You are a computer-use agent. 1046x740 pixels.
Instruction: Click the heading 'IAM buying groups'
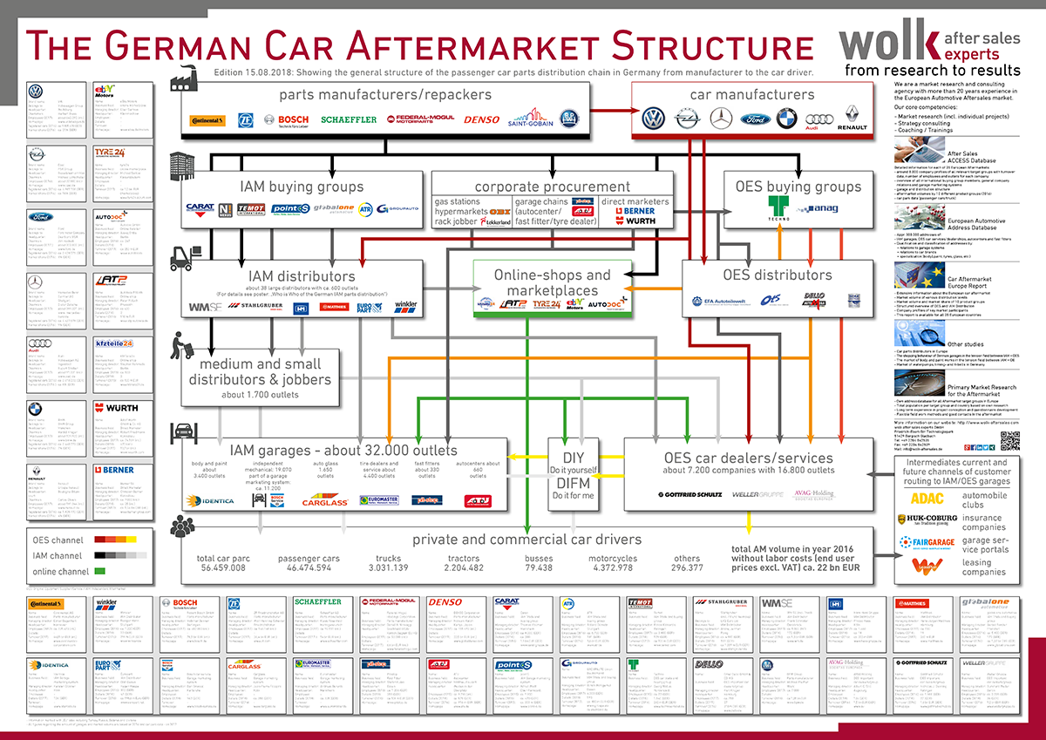pos(302,186)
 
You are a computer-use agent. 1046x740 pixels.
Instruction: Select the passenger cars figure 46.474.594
pos(304,567)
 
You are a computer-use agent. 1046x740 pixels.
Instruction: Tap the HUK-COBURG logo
pos(927,520)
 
